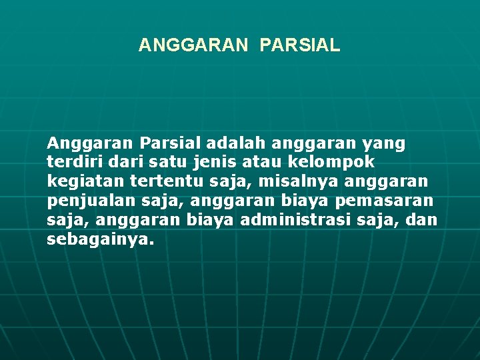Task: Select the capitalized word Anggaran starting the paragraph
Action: [91, 143]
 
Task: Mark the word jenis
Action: [210, 162]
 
